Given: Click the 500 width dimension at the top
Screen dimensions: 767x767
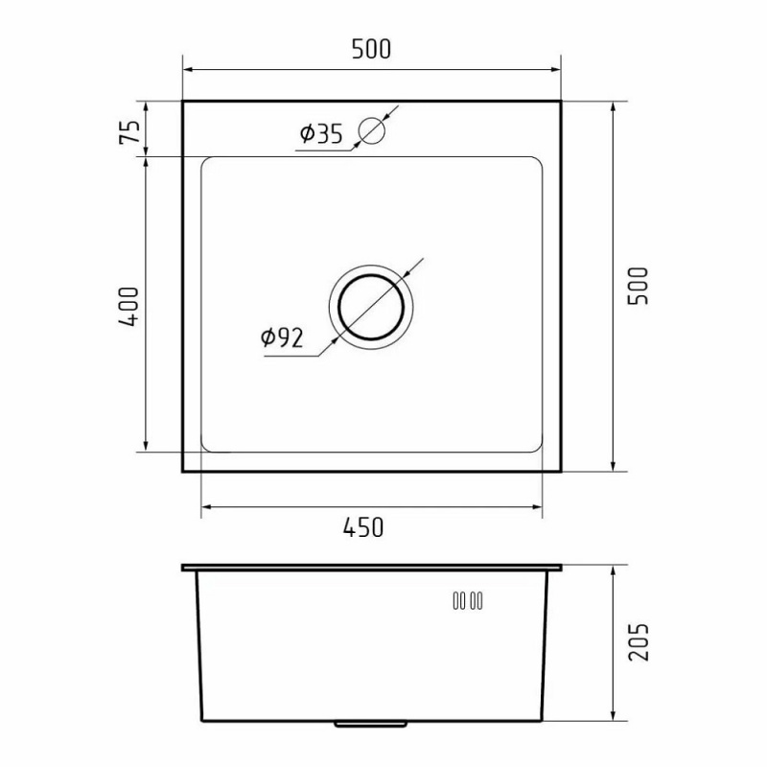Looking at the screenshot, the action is [x=371, y=50].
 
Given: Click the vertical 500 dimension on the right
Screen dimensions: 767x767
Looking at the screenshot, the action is [x=638, y=286].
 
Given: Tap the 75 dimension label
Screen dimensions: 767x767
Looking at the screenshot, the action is [x=129, y=131].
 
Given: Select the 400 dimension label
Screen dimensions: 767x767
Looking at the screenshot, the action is [x=129, y=307].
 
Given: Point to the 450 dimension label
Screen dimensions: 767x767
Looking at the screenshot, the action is [x=363, y=527].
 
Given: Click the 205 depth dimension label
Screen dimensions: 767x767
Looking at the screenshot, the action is [x=639, y=641].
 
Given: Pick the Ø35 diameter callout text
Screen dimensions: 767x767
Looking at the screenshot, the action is [x=321, y=134].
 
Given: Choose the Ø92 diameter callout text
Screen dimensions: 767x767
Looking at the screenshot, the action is [x=282, y=337].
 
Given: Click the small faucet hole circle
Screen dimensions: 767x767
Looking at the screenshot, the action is [x=372, y=130].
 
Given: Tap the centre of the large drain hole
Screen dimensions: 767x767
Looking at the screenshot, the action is [x=371, y=307].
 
